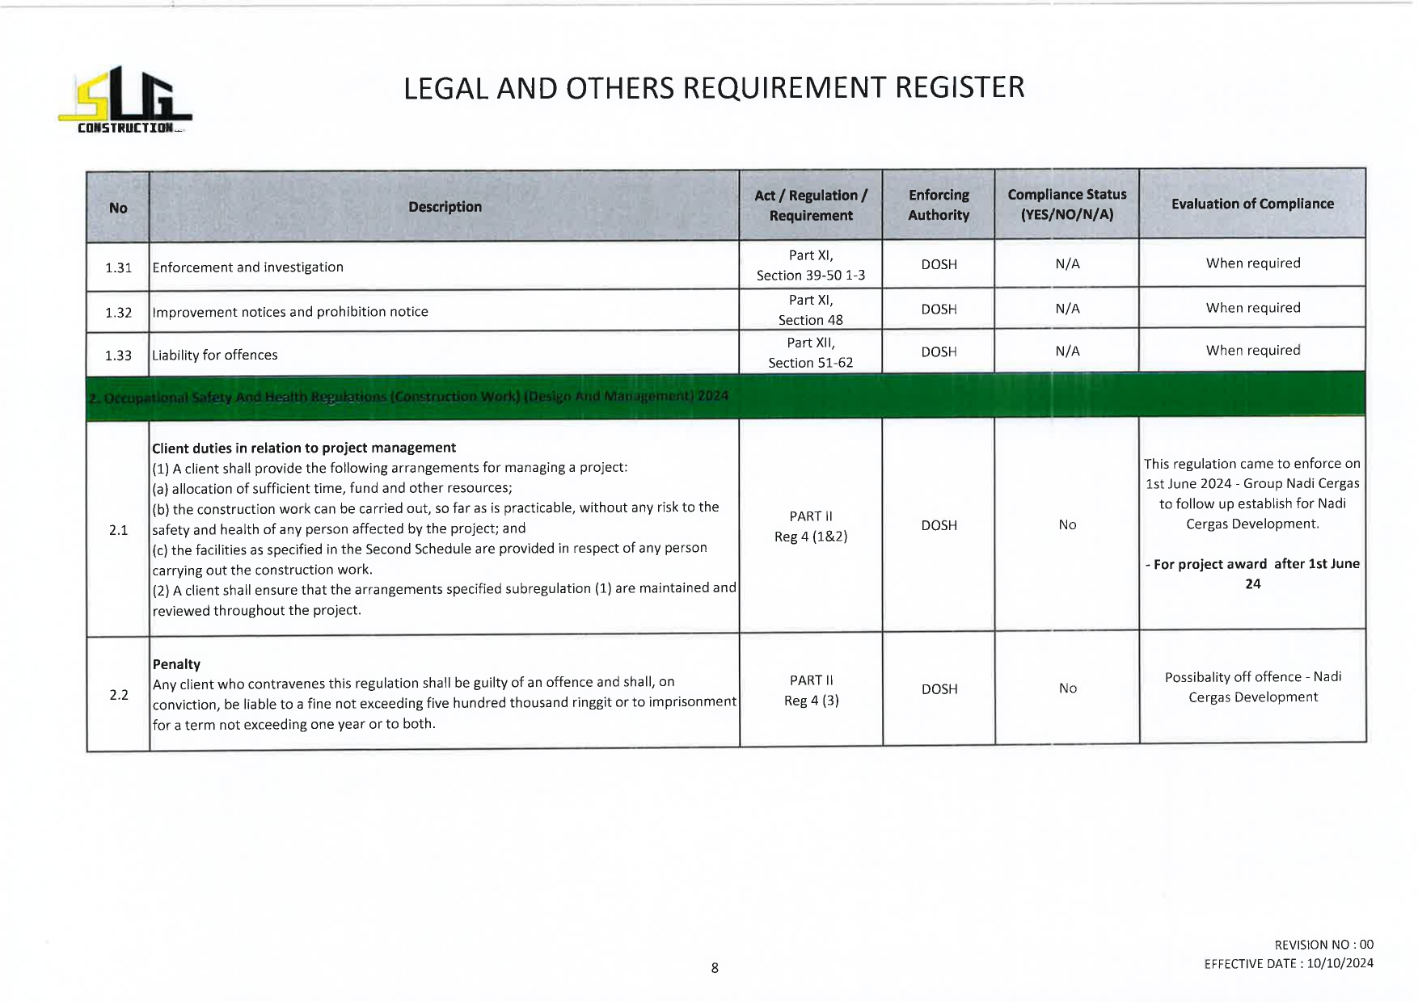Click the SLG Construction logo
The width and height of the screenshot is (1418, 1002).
tap(125, 101)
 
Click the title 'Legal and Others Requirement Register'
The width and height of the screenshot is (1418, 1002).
tap(713, 87)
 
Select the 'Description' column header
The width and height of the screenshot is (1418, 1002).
tap(445, 207)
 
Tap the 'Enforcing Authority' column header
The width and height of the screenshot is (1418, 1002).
tap(939, 205)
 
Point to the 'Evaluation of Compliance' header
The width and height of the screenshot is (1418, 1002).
tap(1252, 204)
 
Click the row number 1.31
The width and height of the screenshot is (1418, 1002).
tap(118, 267)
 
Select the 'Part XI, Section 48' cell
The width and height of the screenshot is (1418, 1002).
tap(810, 309)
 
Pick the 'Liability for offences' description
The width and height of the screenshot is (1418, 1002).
tap(215, 355)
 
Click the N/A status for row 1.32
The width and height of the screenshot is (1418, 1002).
tap(1067, 309)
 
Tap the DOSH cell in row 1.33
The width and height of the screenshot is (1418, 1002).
tap(939, 352)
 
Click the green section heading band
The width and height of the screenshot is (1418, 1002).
tap(725, 396)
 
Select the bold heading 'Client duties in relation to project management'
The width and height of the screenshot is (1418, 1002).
tap(304, 448)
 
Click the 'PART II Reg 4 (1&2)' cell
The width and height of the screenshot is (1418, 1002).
tap(810, 526)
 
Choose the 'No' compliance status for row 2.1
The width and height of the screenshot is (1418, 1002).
tap(1067, 525)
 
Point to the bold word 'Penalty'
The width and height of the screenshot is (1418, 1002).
tap(176, 664)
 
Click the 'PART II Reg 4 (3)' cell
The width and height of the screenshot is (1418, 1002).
tap(811, 690)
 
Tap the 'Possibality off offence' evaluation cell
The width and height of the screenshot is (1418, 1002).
tap(1252, 687)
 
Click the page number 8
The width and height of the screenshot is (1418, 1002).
tap(715, 967)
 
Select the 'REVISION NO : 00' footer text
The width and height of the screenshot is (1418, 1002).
tap(1323, 945)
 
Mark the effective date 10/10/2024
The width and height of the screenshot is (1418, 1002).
tap(1340, 963)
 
